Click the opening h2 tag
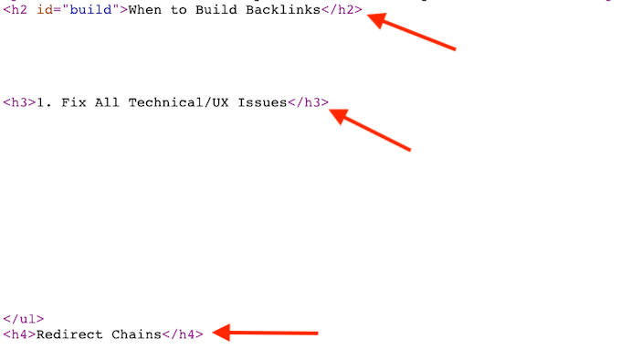15,11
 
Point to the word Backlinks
280,11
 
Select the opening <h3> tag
18,102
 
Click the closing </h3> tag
308,102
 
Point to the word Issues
262,102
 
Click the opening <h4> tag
18,334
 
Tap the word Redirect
70,334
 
